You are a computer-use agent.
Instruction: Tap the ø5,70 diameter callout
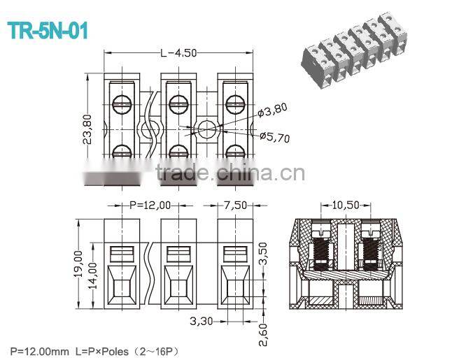[274, 138]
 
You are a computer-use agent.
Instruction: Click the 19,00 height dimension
[78, 263]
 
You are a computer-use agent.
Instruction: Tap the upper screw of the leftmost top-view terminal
[122, 103]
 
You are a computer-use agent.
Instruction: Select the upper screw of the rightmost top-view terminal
[234, 103]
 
